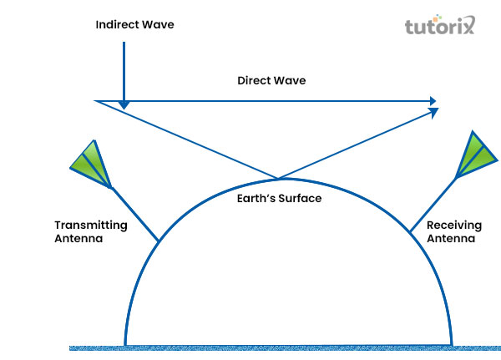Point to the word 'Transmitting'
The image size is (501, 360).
[x=91, y=225]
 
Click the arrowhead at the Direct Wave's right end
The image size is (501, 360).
[x=433, y=101]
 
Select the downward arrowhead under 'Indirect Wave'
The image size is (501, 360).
[x=124, y=104]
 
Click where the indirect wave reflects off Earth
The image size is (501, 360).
[x=278, y=178]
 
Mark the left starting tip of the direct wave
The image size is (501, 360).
[x=95, y=101]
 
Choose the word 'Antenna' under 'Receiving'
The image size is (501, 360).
[x=450, y=238]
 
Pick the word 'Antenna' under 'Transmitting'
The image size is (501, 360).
[x=78, y=238]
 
